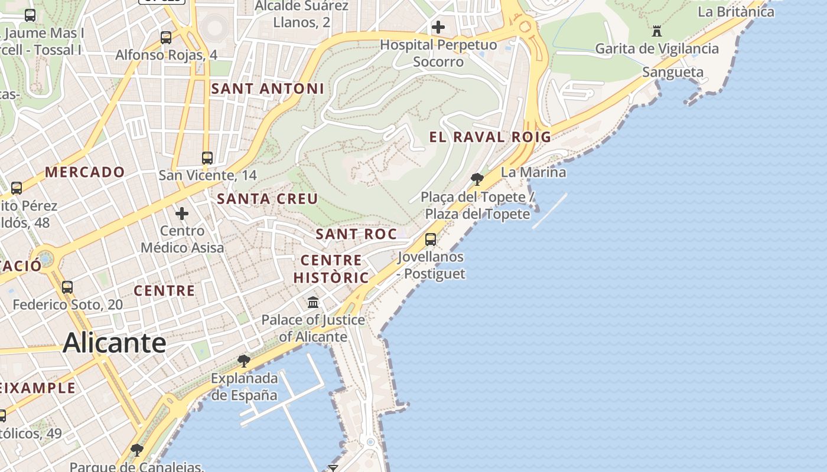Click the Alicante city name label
point(115,342)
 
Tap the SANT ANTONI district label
point(268,89)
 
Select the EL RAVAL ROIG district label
point(490,137)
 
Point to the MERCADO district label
point(85,172)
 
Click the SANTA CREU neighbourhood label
point(268,199)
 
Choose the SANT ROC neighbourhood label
point(356,234)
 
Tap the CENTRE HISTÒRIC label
point(331,269)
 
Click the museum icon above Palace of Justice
point(313,303)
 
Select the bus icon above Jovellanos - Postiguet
point(431,240)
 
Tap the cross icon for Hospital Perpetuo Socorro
point(438,27)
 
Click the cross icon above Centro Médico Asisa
point(182,213)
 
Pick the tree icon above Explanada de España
point(243,360)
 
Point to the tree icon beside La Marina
point(477,179)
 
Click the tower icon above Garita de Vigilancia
point(656,31)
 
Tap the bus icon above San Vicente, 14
point(207,158)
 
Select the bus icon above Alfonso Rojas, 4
point(166,38)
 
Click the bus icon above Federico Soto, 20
point(67,287)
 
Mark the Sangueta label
point(673,73)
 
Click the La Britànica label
point(735,12)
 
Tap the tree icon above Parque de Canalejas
point(137,450)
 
